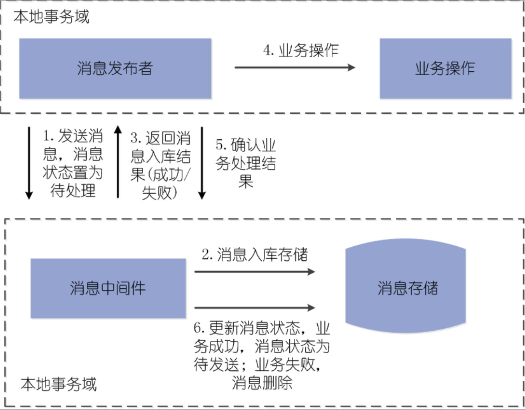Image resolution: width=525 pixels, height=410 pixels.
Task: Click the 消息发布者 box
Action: pyautogui.click(x=115, y=68)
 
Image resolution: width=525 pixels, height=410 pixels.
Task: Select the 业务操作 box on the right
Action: pyautogui.click(x=445, y=68)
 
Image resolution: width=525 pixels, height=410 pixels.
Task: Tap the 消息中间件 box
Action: pyautogui.click(x=108, y=288)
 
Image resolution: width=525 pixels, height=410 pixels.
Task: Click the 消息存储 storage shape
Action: pyautogui.click(x=406, y=287)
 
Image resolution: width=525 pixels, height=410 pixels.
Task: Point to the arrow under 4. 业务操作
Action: pyautogui.click(x=295, y=67)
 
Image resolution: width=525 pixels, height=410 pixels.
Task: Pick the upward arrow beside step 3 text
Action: pyautogui.click(x=118, y=162)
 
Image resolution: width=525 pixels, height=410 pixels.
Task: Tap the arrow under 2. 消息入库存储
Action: pyautogui.click(x=254, y=272)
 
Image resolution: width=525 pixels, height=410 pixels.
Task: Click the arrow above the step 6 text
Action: pyautogui.click(x=254, y=307)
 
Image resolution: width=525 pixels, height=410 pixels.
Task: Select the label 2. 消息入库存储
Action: pyautogui.click(x=254, y=255)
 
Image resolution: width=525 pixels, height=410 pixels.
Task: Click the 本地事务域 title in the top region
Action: pyautogui.click(x=52, y=17)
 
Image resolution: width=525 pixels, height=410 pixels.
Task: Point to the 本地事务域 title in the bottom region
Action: pyautogui.click(x=59, y=384)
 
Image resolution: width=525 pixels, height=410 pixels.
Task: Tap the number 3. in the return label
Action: pyautogui.click(x=136, y=138)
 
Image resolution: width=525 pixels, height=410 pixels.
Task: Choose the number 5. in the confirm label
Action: pyautogui.click(x=221, y=145)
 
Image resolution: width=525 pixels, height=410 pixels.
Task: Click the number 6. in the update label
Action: pyautogui.click(x=199, y=328)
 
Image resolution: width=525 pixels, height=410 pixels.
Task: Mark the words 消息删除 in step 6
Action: pyautogui.click(x=262, y=383)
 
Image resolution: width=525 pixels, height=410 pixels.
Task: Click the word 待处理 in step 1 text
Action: pyautogui.click(x=73, y=191)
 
